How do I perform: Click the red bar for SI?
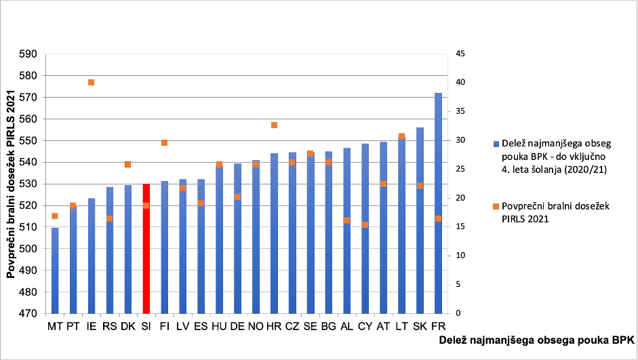coord(146,249)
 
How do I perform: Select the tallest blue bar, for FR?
coord(438,203)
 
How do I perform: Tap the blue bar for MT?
coord(55,271)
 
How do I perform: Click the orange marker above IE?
coord(91,82)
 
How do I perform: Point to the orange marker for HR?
coord(274,125)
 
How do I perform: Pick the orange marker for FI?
coord(164,143)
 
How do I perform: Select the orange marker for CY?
coord(365,224)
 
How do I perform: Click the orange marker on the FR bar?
coord(438,218)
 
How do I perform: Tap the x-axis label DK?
coord(127,326)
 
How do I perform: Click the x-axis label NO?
coord(256,326)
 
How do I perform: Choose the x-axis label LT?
coord(401,326)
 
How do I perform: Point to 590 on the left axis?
coord(28,54)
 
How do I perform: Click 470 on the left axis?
coord(28,314)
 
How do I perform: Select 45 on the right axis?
coord(460,54)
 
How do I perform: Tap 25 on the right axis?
coord(460,169)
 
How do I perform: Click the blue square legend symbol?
coord(496,144)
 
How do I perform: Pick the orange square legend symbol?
coord(496,207)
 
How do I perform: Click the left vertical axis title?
coord(11,184)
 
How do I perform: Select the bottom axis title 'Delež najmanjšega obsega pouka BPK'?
coord(537,340)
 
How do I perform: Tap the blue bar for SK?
coord(420,220)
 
